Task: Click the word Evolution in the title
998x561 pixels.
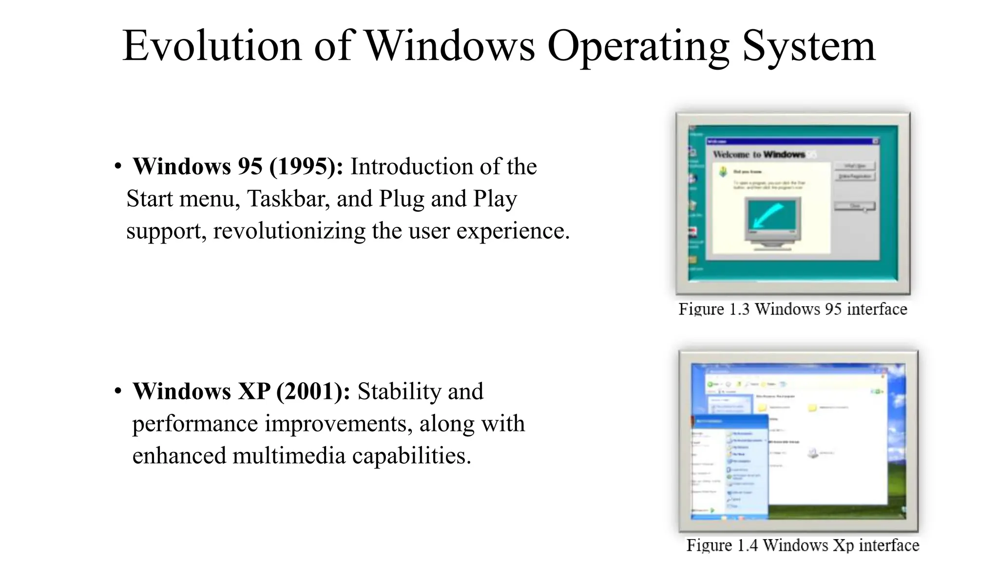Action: pyautogui.click(x=211, y=46)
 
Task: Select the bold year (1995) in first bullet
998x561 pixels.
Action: pyautogui.click(x=306, y=167)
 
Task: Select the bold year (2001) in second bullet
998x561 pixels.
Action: pyautogui.click(x=313, y=392)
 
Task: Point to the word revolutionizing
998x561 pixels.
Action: pyautogui.click(x=289, y=231)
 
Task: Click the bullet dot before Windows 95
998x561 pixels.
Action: pyautogui.click(x=118, y=167)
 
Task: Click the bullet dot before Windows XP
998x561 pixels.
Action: pyautogui.click(x=118, y=391)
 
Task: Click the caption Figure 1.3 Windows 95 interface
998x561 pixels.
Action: pyautogui.click(x=792, y=309)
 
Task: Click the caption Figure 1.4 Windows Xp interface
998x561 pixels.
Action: pyautogui.click(x=802, y=545)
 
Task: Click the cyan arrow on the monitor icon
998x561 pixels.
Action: pyautogui.click(x=768, y=215)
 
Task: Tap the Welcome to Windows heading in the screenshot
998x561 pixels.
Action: pyautogui.click(x=758, y=154)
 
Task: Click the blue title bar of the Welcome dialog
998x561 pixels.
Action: pyautogui.click(x=789, y=141)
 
